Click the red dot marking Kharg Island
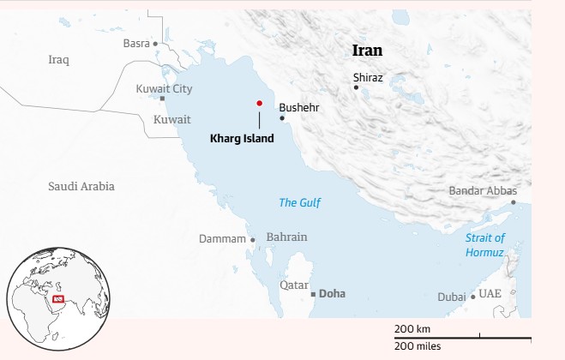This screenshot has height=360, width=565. (x=259, y=103)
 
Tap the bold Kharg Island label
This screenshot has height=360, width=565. (x=242, y=137)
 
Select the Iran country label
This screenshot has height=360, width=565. (x=368, y=51)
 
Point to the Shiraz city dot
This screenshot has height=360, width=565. (x=357, y=87)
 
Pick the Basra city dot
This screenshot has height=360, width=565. (x=155, y=43)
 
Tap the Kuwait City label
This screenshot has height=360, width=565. (x=165, y=88)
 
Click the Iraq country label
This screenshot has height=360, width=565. (x=58, y=60)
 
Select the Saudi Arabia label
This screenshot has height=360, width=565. (x=81, y=186)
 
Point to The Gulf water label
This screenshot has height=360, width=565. (x=299, y=202)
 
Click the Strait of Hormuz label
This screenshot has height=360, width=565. (x=485, y=244)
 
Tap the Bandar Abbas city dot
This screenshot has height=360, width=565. (x=514, y=202)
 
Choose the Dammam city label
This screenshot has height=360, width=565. (x=222, y=238)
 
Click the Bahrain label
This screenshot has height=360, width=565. (x=287, y=237)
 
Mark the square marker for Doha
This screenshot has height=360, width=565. (x=313, y=294)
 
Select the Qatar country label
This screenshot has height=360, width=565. (x=294, y=284)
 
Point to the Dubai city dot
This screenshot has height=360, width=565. (x=472, y=297)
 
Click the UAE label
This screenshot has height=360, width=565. (x=490, y=293)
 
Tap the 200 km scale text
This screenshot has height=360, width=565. (x=412, y=329)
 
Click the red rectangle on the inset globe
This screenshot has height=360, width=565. (x=58, y=298)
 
